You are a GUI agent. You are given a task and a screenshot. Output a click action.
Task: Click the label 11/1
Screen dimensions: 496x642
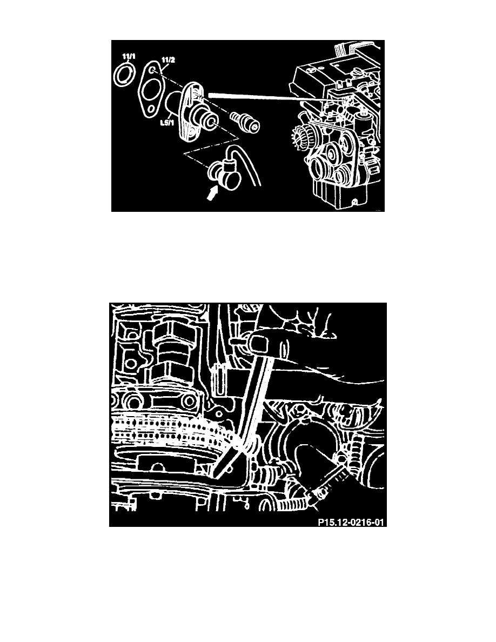[x=129, y=56]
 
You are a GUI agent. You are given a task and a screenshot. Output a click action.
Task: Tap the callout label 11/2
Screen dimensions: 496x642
[x=168, y=60]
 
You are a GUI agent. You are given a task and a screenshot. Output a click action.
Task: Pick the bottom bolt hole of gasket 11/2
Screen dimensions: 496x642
[x=151, y=109]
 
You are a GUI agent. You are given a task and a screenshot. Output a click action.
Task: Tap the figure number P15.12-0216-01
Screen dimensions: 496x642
[x=352, y=522]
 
